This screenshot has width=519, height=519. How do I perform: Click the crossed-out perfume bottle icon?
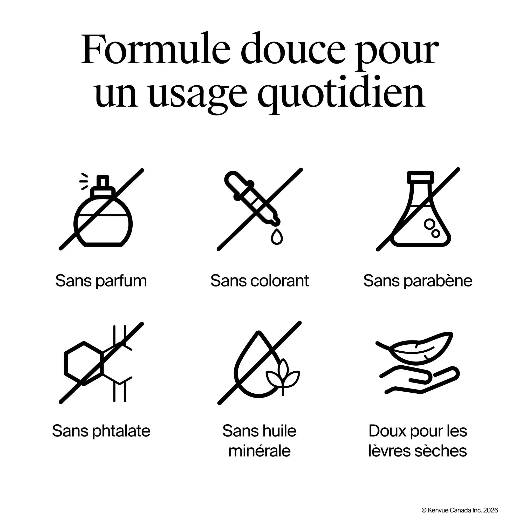click(101, 209)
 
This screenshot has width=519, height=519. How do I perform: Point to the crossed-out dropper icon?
click(260, 209)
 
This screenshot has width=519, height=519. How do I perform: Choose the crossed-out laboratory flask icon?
click(418, 209)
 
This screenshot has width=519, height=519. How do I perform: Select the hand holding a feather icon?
click(418, 363)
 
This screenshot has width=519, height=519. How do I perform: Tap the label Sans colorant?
click(260, 281)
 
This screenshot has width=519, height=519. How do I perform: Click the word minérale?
click(259, 451)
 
